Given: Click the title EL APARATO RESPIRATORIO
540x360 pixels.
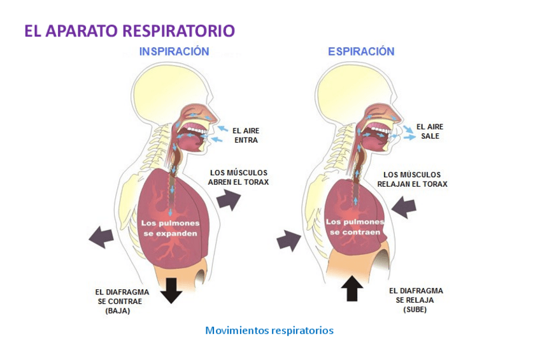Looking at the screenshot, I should pyautogui.click(x=129, y=31).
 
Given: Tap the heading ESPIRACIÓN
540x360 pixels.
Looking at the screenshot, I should pyautogui.click(x=361, y=52).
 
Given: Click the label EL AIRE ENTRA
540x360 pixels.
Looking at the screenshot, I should pyautogui.click(x=246, y=135).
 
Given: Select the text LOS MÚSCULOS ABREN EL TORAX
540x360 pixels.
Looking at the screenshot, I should pyautogui.click(x=239, y=177).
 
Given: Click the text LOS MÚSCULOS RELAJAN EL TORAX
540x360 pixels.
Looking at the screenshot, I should pyautogui.click(x=412, y=179).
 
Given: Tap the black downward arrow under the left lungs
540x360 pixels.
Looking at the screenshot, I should pyautogui.click(x=171, y=289).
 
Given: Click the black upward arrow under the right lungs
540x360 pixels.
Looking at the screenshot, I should pyautogui.click(x=352, y=287).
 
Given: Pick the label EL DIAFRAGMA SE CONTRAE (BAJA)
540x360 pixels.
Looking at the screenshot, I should pyautogui.click(x=118, y=301).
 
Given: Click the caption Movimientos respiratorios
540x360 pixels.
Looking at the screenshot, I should pyautogui.click(x=269, y=331).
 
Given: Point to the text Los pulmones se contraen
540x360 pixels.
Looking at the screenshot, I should pyautogui.click(x=355, y=227).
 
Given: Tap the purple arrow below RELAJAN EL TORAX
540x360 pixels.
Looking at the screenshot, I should pyautogui.click(x=404, y=206).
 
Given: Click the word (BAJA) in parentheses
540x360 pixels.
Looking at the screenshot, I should pyautogui.click(x=118, y=312).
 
